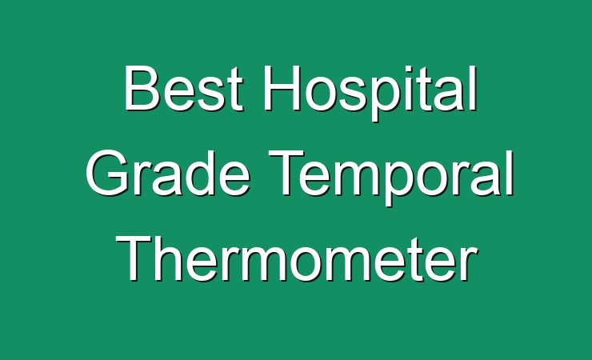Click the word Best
click(183, 88)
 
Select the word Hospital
click(370, 93)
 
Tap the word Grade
click(168, 173)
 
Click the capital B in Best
click(142, 88)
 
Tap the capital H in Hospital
click(282, 88)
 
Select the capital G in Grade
click(108, 173)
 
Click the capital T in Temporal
click(287, 173)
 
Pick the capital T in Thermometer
click(134, 258)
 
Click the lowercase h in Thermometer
click(169, 258)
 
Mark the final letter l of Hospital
click(474, 88)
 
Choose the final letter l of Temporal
click(510, 173)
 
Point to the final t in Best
click(235, 91)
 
